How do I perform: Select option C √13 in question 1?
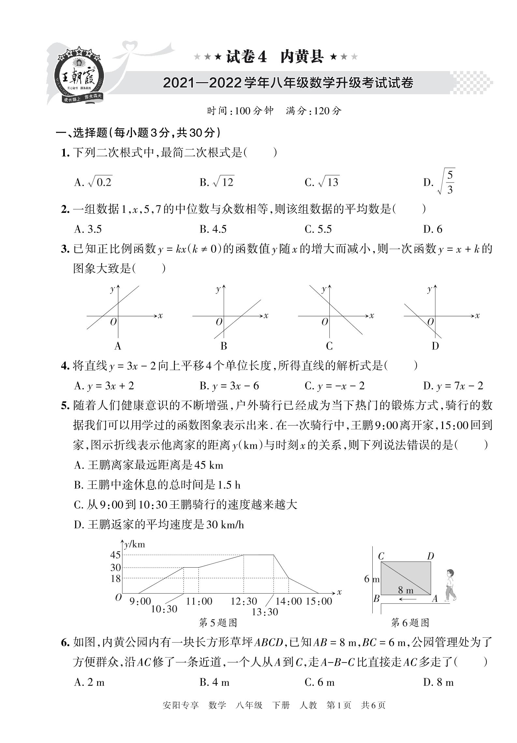pyautogui.click(x=322, y=182)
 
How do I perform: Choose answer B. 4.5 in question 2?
pyautogui.click(x=213, y=229)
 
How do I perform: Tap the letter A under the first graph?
pyautogui.click(x=118, y=346)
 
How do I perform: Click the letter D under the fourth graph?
pyautogui.click(x=435, y=346)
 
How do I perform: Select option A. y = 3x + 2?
pyautogui.click(x=104, y=386)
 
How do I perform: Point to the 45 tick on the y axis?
pyautogui.click(x=115, y=555)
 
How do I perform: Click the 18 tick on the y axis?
pyautogui.click(x=115, y=578)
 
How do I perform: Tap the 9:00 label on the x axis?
pyautogui.click(x=140, y=601)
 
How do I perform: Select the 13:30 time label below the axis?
pyautogui.click(x=265, y=612)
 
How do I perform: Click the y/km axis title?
pyautogui.click(x=135, y=544)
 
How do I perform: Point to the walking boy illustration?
pyautogui.click(x=450, y=585)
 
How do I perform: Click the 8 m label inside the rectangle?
pyautogui.click(x=406, y=590)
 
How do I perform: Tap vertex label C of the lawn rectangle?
pyautogui.click(x=381, y=556)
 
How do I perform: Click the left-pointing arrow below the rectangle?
pyautogui.click(x=408, y=599)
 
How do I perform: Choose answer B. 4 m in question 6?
pyautogui.click(x=214, y=682)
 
